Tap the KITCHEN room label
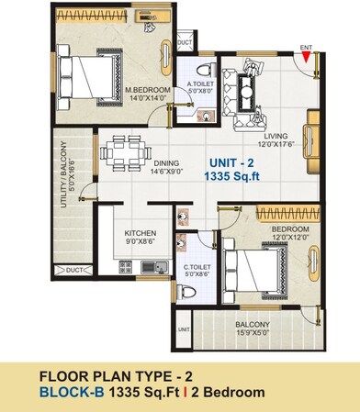[x=140, y=233]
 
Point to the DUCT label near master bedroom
[x=185, y=42]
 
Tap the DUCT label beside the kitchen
[x=75, y=271]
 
